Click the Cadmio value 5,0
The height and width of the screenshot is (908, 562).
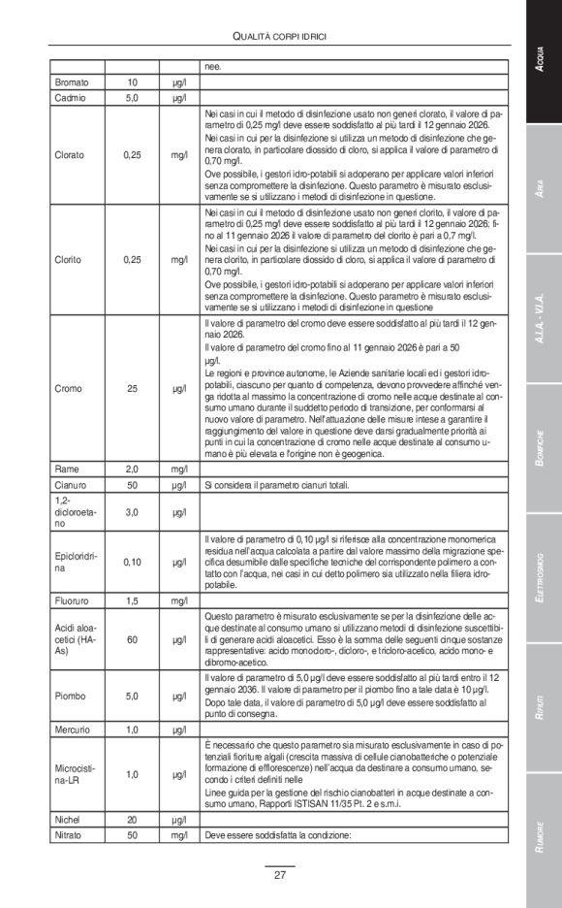(x=133, y=98)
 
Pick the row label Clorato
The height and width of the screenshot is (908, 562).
(x=70, y=154)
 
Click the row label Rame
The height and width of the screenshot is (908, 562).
(x=66, y=469)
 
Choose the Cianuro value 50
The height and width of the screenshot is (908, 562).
(x=133, y=484)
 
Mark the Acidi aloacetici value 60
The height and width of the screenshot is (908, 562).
(x=133, y=639)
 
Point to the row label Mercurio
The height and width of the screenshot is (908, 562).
(x=73, y=729)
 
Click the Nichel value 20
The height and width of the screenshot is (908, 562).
(x=133, y=820)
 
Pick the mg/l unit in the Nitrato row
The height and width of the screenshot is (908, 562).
(x=179, y=834)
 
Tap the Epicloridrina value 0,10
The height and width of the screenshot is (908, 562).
(x=133, y=561)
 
